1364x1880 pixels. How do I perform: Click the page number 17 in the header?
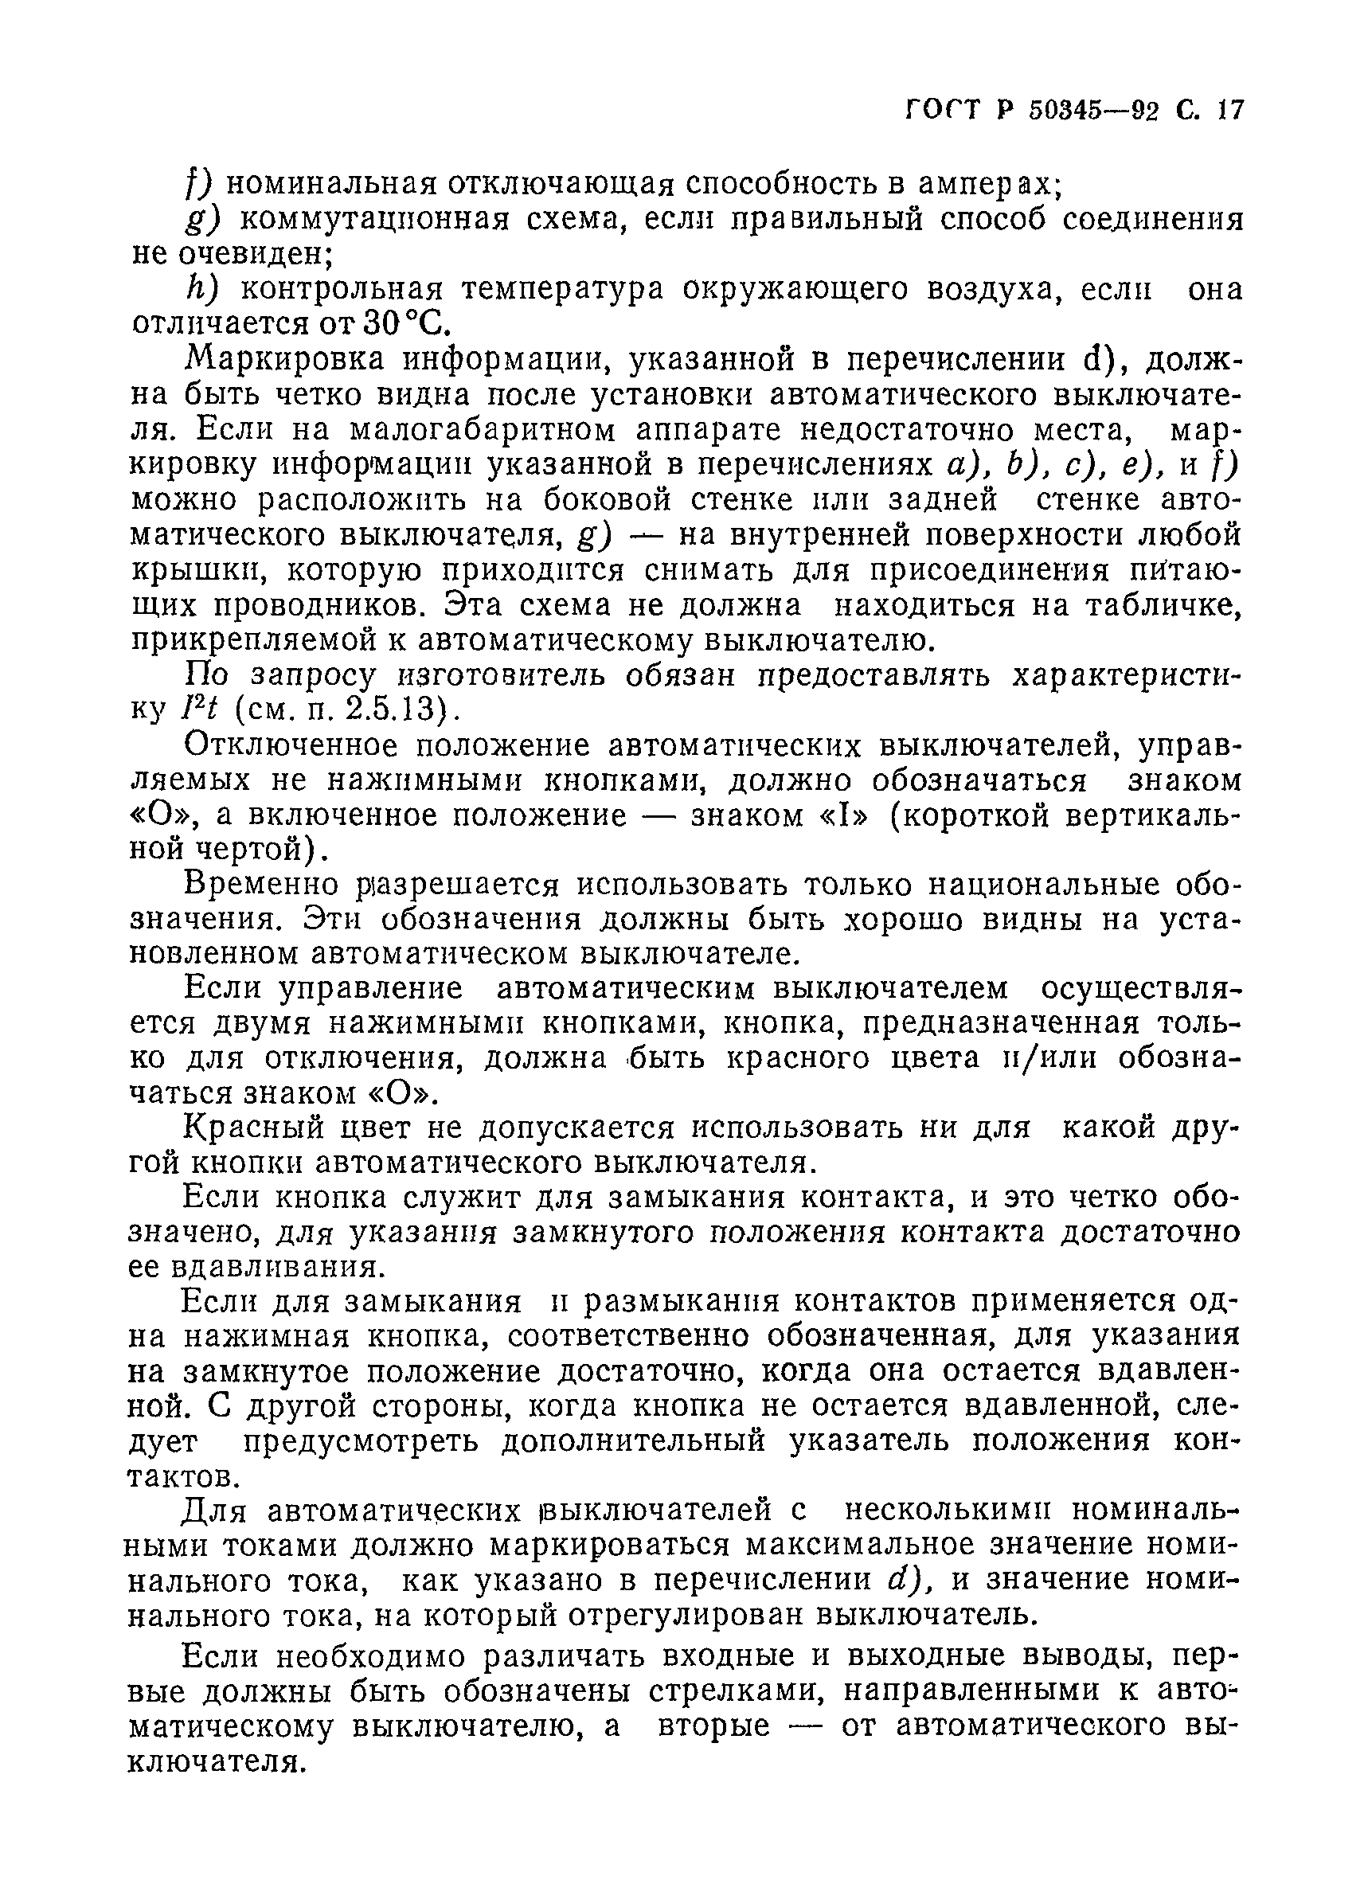tap(1229, 109)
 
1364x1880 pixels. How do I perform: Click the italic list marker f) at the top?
tap(198, 183)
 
